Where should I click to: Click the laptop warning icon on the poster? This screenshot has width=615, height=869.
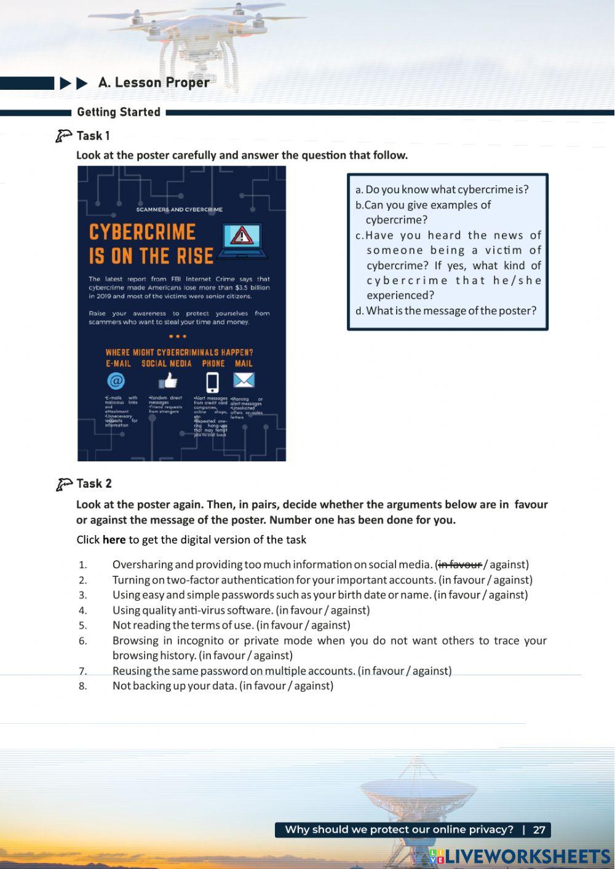[242, 240]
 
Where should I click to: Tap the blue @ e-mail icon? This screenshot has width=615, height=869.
[116, 381]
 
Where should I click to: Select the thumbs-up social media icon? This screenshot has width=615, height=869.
[168, 382]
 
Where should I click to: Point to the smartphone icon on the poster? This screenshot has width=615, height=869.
[212, 382]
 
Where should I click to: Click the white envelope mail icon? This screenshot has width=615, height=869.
[244, 380]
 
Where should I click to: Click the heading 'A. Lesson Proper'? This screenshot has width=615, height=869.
[154, 82]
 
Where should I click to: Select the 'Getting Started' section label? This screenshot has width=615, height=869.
[119, 112]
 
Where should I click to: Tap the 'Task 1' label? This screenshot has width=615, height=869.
[93, 135]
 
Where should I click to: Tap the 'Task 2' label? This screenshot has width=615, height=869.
[93, 483]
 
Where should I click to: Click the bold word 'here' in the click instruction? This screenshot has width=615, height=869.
[114, 539]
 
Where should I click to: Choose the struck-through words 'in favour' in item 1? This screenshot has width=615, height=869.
[459, 564]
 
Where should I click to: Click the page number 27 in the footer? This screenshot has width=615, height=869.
[539, 830]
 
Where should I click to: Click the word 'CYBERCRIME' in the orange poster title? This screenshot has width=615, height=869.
[142, 232]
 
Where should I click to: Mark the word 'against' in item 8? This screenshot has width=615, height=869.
[313, 686]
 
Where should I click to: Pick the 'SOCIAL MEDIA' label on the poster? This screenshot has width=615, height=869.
[166, 363]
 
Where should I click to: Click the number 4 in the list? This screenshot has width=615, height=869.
[82, 610]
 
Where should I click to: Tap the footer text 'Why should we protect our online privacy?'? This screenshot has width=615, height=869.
[399, 830]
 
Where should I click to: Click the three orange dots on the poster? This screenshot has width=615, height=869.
[177, 336]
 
